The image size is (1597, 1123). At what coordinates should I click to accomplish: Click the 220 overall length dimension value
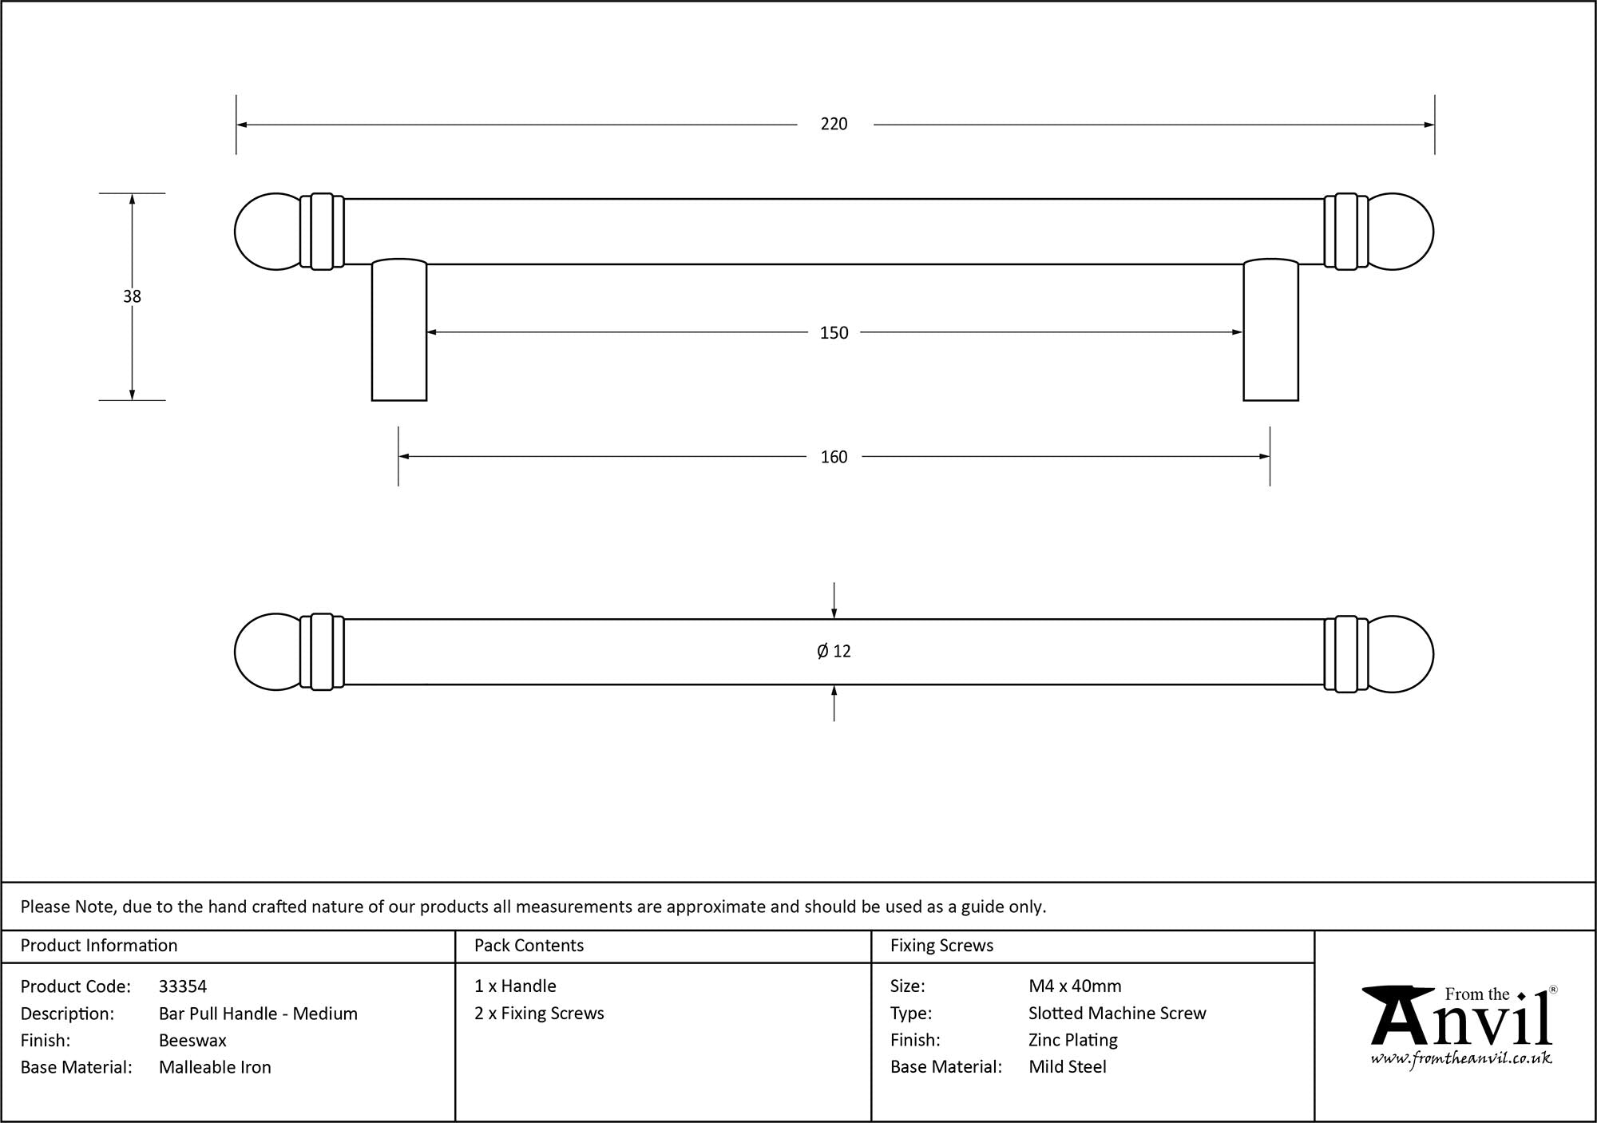coord(834,124)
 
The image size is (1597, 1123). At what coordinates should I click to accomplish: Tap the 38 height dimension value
coord(132,296)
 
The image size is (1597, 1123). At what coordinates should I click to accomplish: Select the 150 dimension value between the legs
coord(834,332)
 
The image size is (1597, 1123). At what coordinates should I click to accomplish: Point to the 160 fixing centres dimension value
coord(834,457)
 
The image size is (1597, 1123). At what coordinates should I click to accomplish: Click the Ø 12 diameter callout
coord(834,651)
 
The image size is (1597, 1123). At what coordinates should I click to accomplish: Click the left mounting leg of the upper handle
coord(399,329)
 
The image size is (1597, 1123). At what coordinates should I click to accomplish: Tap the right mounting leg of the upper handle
coord(1270,329)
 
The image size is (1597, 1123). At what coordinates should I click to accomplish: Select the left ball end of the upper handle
coord(267,232)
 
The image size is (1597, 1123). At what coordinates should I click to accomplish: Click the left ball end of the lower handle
coord(267,653)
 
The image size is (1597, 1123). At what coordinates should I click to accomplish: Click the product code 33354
coord(183,986)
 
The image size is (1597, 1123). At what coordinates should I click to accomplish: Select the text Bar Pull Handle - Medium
coord(258,1014)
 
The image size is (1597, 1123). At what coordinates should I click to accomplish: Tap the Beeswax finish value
coord(192,1040)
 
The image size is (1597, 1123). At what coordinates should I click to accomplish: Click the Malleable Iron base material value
coord(215,1067)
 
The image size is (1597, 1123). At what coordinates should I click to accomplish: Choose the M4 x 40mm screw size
coord(1075,986)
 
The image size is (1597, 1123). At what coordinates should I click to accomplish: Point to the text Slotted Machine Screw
coord(1117,1013)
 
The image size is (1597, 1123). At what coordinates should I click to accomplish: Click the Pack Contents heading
coord(529,946)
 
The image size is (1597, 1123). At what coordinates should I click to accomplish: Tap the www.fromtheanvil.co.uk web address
coord(1461,1059)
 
